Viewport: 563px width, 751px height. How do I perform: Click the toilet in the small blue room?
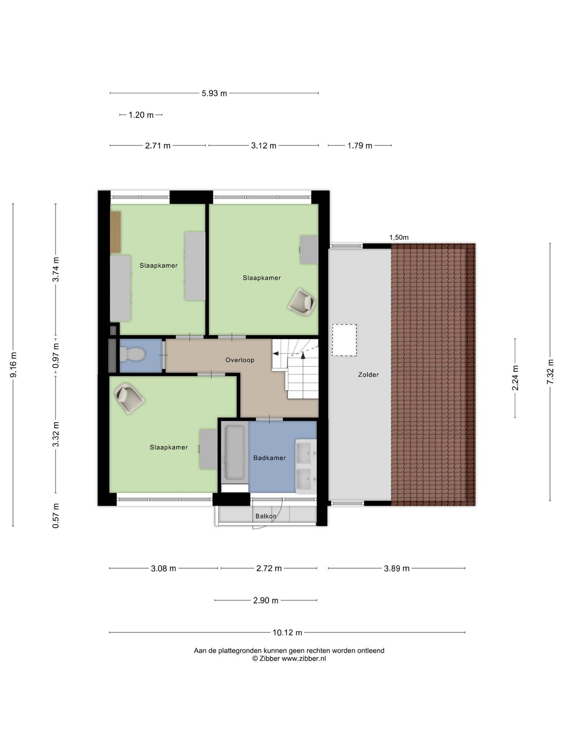pyautogui.click(x=132, y=354)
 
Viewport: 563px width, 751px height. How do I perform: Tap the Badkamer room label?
pyautogui.click(x=269, y=458)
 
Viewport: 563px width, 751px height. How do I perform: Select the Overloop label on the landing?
pyautogui.click(x=240, y=360)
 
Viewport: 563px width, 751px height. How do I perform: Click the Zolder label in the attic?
pyautogui.click(x=368, y=374)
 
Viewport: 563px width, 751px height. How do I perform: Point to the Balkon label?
pyautogui.click(x=266, y=516)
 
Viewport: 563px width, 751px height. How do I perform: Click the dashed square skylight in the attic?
pyautogui.click(x=344, y=340)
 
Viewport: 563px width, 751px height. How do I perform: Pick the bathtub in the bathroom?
pyautogui.click(x=235, y=452)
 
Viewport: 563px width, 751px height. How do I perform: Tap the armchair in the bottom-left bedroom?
pyautogui.click(x=129, y=398)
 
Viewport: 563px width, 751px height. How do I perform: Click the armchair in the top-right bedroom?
pyautogui.click(x=302, y=302)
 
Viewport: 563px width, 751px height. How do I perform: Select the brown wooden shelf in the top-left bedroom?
pyautogui.click(x=115, y=232)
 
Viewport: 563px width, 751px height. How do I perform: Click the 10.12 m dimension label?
pyautogui.click(x=287, y=633)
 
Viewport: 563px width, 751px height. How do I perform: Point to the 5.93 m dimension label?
pyautogui.click(x=214, y=94)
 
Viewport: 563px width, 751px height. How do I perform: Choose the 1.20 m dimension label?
pyautogui.click(x=141, y=115)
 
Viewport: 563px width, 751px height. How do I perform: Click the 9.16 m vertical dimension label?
pyautogui.click(x=13, y=365)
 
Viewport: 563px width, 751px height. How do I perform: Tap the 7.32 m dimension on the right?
pyautogui.click(x=550, y=372)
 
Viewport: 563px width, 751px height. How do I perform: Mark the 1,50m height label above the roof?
pyautogui.click(x=399, y=237)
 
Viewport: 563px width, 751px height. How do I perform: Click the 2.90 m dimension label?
pyautogui.click(x=266, y=601)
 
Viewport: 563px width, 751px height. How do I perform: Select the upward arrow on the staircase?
pyautogui.click(x=303, y=355)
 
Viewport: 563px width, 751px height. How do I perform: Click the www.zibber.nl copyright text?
pyautogui.click(x=289, y=659)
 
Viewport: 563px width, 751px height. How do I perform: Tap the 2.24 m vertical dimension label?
pyautogui.click(x=515, y=378)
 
